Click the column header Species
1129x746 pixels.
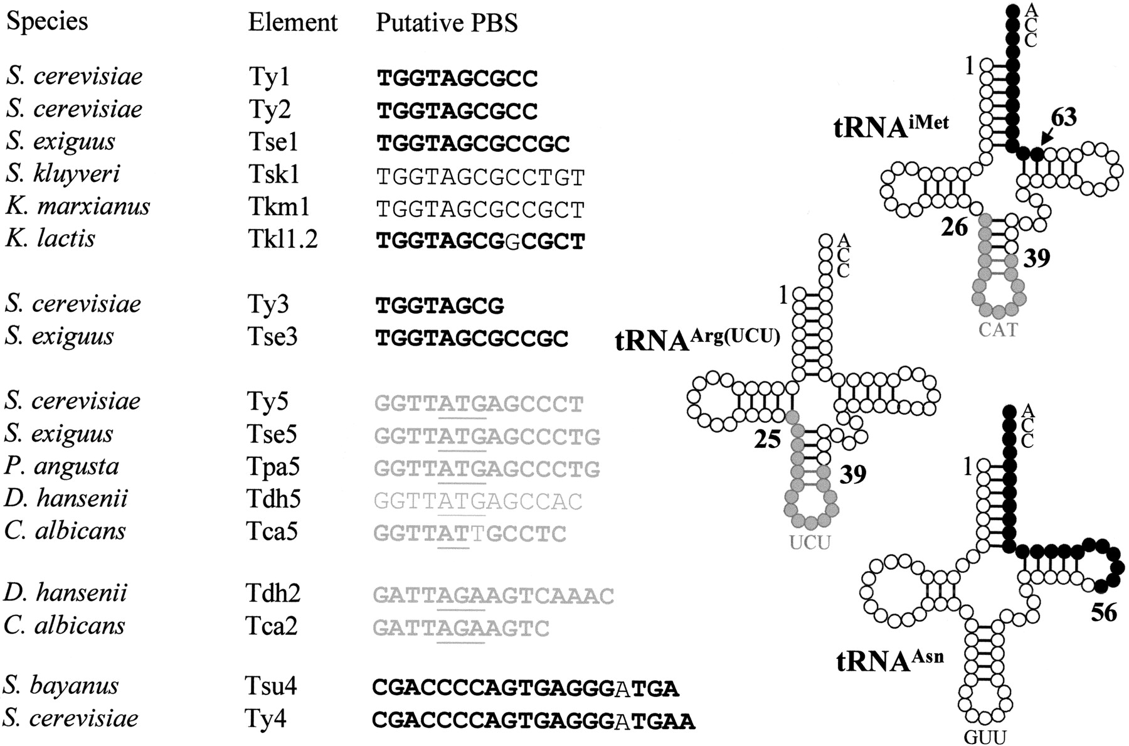(x=47, y=23)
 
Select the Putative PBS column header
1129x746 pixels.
(x=447, y=23)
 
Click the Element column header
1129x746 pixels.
(x=293, y=23)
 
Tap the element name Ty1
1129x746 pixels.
(x=270, y=77)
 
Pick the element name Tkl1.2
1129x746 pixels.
(x=282, y=239)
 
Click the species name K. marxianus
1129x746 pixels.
(x=78, y=206)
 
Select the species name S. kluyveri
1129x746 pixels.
(x=63, y=174)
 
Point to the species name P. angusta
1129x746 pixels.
(x=62, y=467)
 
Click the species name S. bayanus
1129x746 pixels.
(x=61, y=686)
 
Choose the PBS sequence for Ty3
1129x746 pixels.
(x=440, y=306)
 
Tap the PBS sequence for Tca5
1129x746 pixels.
(x=470, y=533)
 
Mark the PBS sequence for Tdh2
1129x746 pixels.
(x=494, y=595)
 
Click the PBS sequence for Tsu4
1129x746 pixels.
(x=526, y=688)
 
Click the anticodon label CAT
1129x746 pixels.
(x=998, y=329)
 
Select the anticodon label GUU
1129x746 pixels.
(x=985, y=737)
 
